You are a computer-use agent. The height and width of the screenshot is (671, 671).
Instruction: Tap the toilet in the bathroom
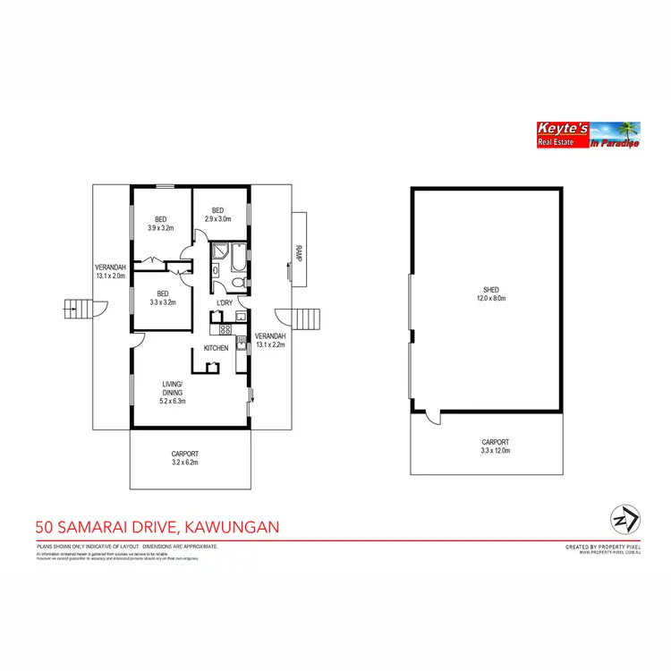point(230,283)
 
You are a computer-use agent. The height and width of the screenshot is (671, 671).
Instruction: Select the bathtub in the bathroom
point(218,259)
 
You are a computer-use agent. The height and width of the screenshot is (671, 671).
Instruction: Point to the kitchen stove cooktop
point(213,328)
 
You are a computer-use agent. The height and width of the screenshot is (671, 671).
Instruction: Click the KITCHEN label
point(217,348)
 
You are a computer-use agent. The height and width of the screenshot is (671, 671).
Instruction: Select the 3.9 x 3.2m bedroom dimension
point(161,228)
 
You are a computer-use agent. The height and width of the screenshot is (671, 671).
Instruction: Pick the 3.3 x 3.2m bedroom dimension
point(162,302)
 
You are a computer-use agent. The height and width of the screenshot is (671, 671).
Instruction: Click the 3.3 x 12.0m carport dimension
point(495,453)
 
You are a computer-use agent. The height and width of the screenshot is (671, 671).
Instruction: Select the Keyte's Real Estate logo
point(586,135)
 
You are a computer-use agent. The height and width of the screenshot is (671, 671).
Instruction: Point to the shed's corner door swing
point(433,415)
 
